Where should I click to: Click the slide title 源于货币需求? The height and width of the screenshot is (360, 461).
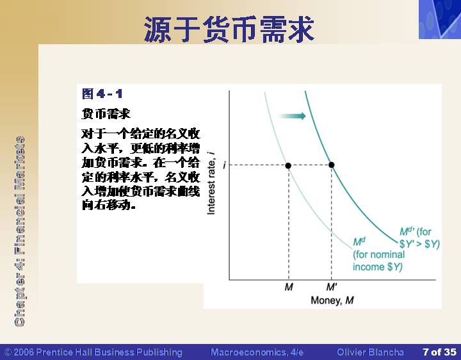[229, 29]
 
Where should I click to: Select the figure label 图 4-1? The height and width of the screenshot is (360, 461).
[102, 94]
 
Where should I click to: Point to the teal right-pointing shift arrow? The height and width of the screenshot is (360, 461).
[293, 116]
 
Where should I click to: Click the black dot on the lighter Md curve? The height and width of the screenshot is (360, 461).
[288, 166]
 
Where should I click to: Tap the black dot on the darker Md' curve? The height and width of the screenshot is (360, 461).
[332, 165]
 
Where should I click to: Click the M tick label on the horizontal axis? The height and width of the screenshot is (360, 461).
[289, 287]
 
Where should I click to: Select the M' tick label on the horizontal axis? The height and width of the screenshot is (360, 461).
[332, 287]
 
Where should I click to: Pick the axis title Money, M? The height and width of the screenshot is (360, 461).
[332, 300]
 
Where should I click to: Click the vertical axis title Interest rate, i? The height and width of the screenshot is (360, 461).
[211, 183]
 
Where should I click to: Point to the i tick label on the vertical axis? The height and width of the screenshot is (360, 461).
[224, 165]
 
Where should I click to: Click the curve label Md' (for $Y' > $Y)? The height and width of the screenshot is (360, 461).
[419, 238]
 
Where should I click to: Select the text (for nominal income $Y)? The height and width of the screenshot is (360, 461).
[378, 261]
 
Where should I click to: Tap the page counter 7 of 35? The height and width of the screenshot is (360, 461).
[439, 352]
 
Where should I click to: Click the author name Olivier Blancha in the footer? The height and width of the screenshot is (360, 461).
[370, 352]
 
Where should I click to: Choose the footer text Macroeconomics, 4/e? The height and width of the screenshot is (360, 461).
[257, 352]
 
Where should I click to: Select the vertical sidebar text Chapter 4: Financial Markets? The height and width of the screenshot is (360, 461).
[20, 231]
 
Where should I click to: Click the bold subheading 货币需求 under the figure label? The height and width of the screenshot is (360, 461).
[106, 113]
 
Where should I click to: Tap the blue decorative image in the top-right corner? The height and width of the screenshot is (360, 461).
[440, 19]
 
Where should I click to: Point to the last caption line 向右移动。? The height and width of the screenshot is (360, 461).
[109, 205]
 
